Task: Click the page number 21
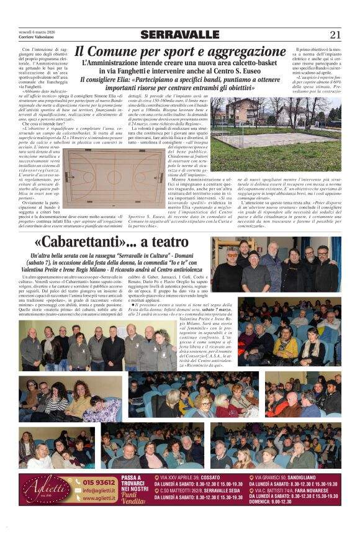tap(335, 35)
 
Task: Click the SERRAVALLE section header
tap(179, 35)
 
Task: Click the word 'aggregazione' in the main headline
tap(241, 52)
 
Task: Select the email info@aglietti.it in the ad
tap(99, 490)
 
